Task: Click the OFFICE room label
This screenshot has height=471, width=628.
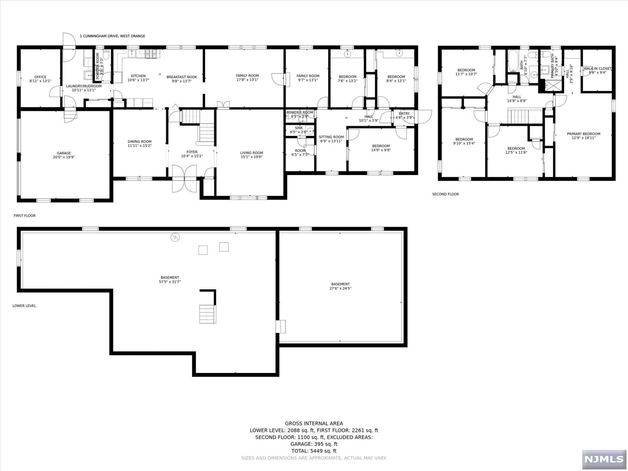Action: point(40,77)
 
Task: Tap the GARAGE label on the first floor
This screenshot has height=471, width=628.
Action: point(64,153)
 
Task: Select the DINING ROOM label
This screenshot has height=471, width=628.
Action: point(140,142)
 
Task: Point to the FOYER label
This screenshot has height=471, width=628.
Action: point(192,152)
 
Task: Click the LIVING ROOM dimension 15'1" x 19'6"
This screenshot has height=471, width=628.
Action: point(251,157)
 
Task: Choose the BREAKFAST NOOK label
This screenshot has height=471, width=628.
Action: point(182,77)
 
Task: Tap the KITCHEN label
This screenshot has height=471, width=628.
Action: point(138,76)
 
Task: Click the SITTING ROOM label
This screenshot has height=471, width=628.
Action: point(331,137)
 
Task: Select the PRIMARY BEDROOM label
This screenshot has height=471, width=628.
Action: point(584,134)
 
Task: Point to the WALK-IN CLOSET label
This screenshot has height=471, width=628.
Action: point(597,69)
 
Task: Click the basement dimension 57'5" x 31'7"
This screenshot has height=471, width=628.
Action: point(170,282)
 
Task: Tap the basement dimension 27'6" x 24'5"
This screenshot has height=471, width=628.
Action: point(340,288)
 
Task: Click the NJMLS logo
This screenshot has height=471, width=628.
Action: point(604,459)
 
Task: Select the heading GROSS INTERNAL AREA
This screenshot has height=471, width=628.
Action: point(314,423)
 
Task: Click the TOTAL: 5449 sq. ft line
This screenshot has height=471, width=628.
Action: point(314,451)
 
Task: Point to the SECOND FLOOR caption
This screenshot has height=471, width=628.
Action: point(446,194)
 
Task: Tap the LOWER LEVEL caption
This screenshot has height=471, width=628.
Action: point(24,306)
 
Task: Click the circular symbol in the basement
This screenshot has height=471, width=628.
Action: point(175,237)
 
